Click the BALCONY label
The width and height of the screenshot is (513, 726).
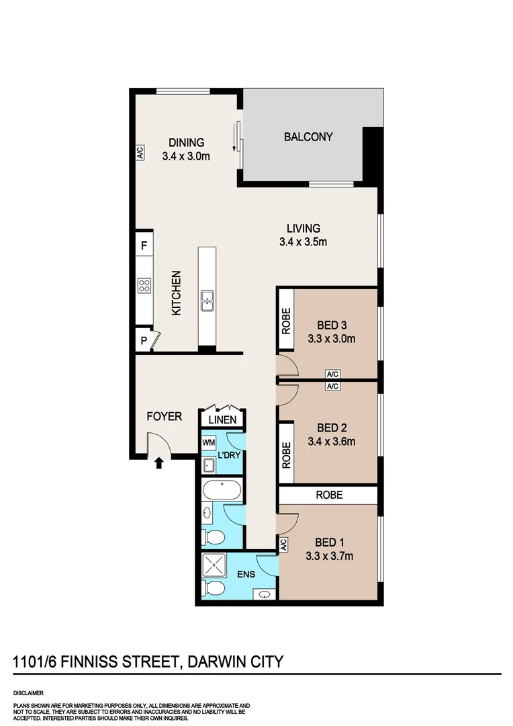pos(308,136)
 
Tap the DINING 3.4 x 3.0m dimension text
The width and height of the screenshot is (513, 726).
pos(186,156)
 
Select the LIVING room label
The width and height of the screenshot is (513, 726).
pos(303,229)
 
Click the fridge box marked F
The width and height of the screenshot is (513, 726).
pos(144,245)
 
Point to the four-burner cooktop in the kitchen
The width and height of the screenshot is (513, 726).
pos(144,286)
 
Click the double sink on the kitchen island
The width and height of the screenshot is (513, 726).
pos(207,301)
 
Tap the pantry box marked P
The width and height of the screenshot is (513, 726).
pos(143,340)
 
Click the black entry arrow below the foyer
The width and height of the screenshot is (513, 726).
pos(158,462)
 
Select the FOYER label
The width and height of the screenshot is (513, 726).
pos(165,417)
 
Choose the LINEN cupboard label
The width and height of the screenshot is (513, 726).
pos(222,420)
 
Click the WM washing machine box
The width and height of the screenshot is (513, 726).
pos(208,443)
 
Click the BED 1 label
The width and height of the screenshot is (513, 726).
pos(329,542)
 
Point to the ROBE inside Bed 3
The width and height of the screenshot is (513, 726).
pos(286,320)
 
